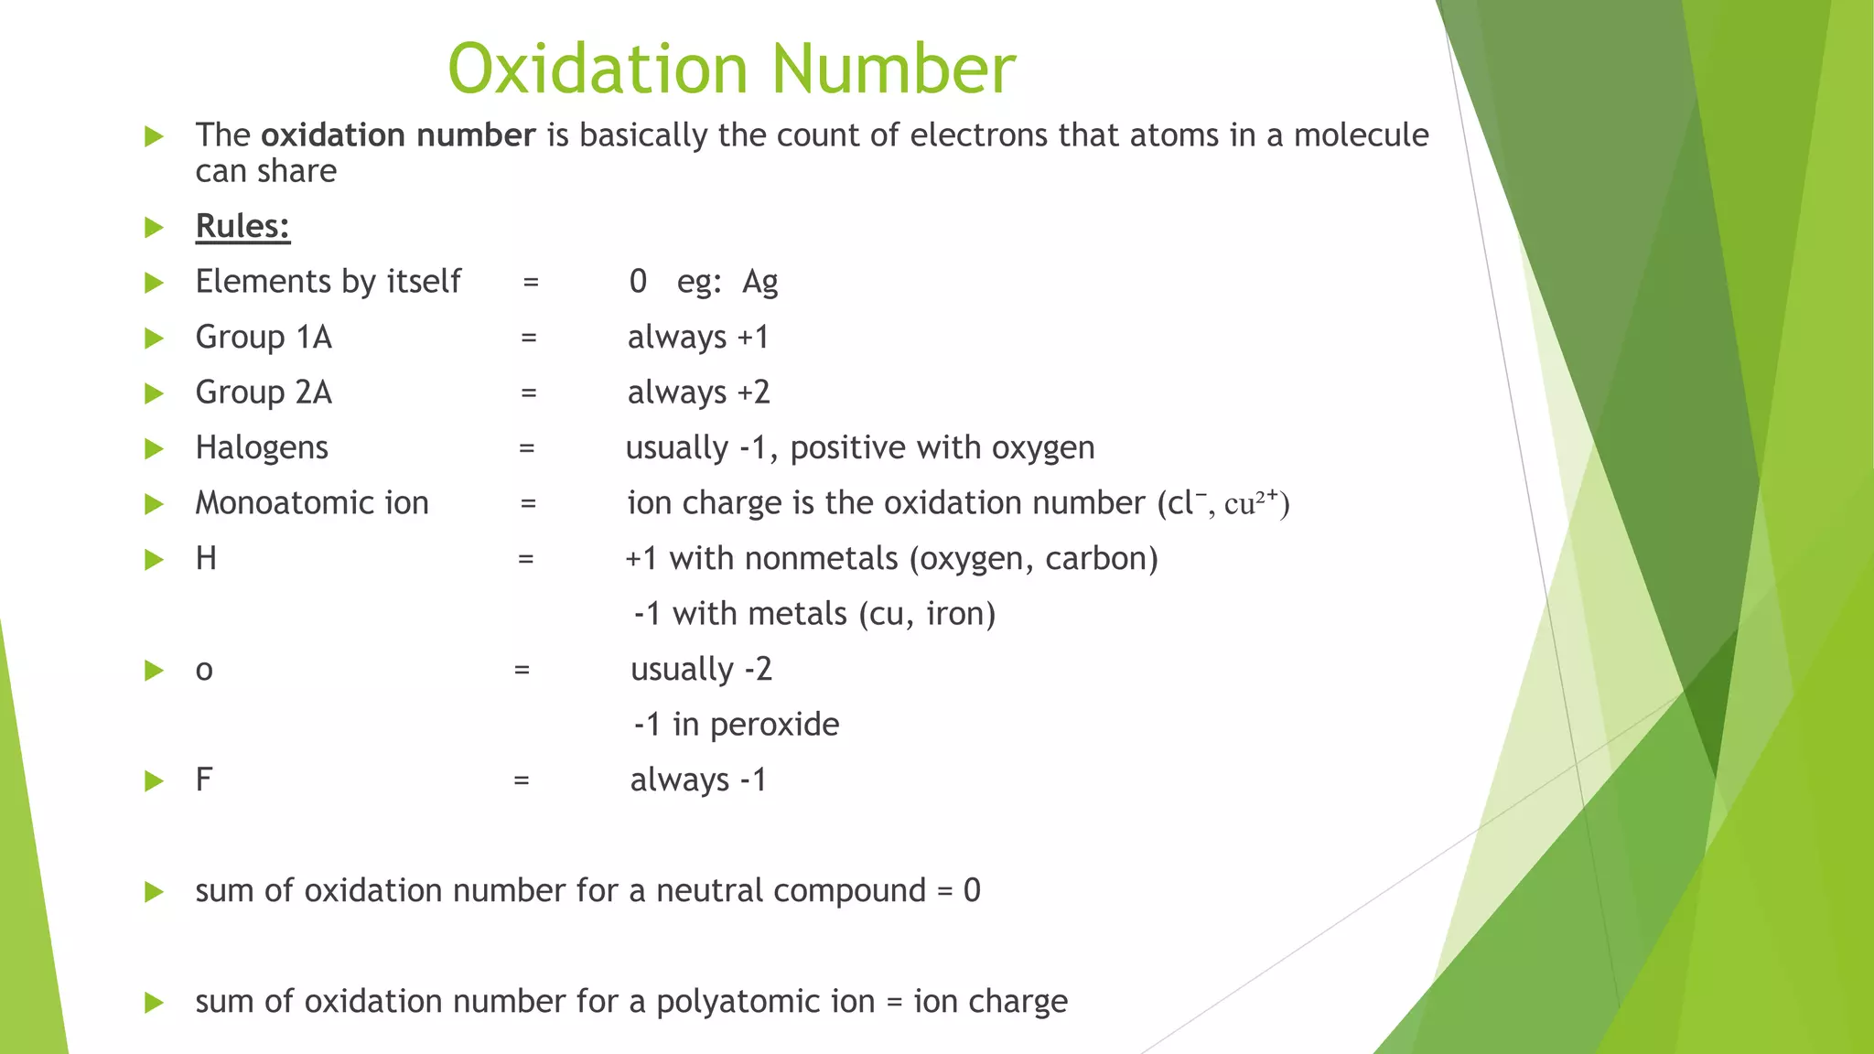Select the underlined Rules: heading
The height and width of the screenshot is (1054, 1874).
click(242, 226)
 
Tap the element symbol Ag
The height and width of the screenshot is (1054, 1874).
click(759, 282)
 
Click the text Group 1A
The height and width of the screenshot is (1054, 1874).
click(264, 338)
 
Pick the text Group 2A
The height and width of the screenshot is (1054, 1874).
click(264, 393)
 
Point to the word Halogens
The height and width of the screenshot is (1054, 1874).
click(262, 447)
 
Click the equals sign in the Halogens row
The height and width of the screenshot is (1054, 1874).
click(526, 448)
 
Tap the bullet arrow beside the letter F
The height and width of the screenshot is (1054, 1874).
click(154, 780)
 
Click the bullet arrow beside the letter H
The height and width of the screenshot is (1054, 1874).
click(154, 559)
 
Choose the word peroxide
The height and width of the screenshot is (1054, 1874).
click(774, 725)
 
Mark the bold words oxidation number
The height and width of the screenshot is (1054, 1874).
click(398, 135)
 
